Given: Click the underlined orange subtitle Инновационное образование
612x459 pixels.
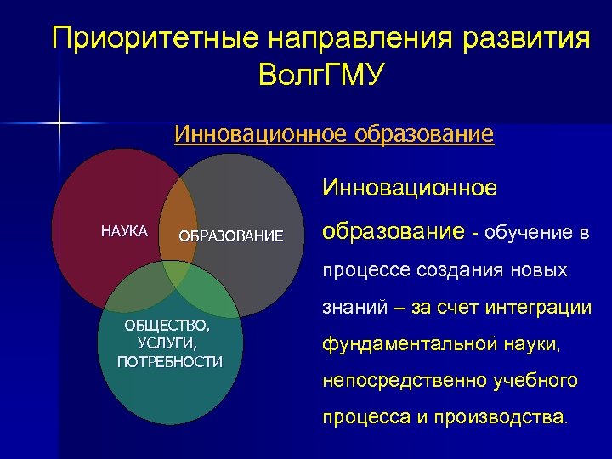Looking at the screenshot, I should pyautogui.click(x=334, y=135).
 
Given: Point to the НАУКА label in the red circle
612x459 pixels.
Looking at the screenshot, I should pyautogui.click(x=124, y=231).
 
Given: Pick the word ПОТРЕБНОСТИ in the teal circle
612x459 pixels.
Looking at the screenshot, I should pyautogui.click(x=169, y=361).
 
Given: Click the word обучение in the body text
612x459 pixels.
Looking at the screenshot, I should pyautogui.click(x=530, y=233).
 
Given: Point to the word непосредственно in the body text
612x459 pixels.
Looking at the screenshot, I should pyautogui.click(x=405, y=382).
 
